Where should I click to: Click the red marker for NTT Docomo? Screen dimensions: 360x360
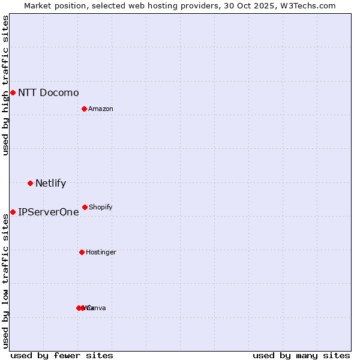click(x=13, y=92)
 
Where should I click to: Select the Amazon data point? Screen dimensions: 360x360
click(x=84, y=109)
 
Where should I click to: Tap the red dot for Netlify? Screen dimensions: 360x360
click(x=30, y=183)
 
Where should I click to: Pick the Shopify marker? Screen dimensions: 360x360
click(x=85, y=207)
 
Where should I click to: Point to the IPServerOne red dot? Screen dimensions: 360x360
click(x=13, y=212)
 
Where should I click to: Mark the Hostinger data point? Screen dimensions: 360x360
click(x=82, y=252)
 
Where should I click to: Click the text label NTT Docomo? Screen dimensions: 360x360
click(x=48, y=92)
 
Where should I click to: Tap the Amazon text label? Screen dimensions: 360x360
click(x=100, y=109)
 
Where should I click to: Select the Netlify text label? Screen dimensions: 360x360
click(x=50, y=183)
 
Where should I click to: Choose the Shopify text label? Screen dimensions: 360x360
click(x=100, y=207)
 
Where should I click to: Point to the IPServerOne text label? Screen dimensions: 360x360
click(x=48, y=212)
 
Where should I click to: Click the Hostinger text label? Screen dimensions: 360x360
click(x=101, y=252)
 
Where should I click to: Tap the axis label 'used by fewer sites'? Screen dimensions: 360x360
click(x=62, y=355)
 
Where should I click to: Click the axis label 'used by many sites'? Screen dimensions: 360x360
click(x=301, y=355)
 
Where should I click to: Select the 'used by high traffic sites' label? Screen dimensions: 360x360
click(x=5, y=85)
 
